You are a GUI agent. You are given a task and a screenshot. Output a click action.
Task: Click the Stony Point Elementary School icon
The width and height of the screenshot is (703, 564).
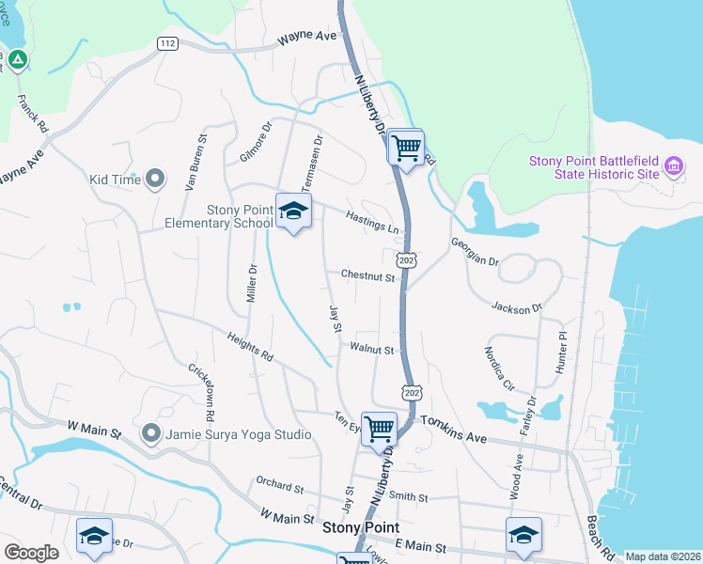(293, 212)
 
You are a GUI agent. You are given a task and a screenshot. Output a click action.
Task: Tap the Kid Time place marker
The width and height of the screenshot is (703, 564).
(156, 179)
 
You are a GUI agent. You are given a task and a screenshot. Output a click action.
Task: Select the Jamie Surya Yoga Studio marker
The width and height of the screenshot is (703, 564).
(151, 433)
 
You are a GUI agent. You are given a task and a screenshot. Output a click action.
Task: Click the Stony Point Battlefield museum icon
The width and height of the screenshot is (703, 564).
(673, 168)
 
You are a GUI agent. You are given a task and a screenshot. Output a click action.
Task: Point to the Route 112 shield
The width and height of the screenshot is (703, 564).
(167, 44)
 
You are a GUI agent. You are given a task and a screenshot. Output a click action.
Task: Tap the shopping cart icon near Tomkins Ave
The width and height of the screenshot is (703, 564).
(379, 428)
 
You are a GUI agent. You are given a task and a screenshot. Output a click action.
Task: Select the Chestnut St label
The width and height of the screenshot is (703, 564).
(367, 275)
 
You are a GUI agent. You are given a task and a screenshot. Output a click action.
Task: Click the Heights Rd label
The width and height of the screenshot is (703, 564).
(250, 346)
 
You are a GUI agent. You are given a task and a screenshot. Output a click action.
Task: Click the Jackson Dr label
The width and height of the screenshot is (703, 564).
(517, 306)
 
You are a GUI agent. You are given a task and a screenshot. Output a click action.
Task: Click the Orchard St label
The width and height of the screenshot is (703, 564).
(280, 489)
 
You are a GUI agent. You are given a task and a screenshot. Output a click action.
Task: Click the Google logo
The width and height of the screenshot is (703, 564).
(31, 553)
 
